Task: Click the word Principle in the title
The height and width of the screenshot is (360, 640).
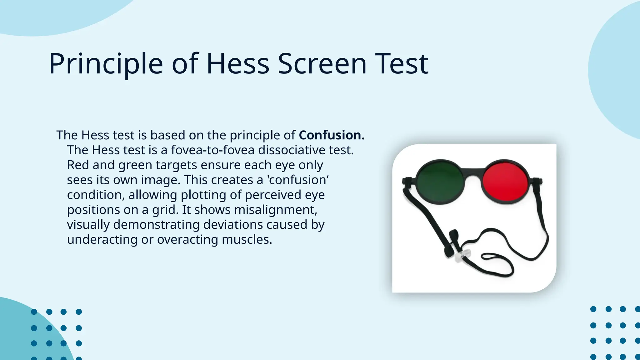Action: click(106, 64)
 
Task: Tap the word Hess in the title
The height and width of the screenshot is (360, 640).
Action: click(237, 64)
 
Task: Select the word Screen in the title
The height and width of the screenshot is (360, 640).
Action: click(322, 64)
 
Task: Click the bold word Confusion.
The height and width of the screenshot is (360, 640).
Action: click(332, 135)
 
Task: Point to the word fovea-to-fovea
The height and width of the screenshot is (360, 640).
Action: click(212, 150)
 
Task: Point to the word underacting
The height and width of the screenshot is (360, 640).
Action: click(102, 240)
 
